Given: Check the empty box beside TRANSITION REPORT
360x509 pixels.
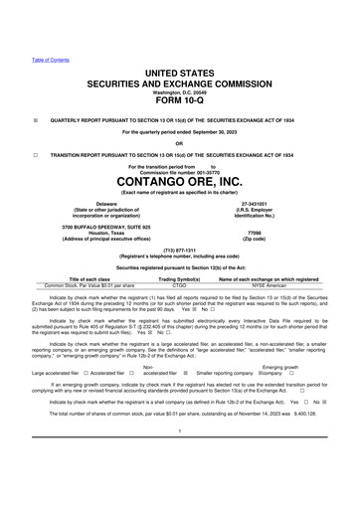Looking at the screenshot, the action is (34, 156).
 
